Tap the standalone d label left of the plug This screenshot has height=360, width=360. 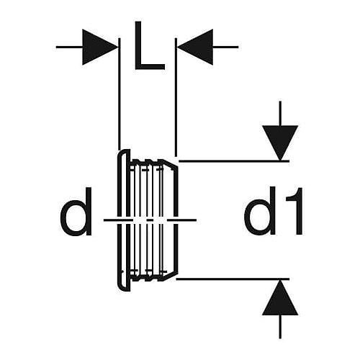click(x=76, y=212)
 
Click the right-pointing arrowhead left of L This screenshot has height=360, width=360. click(x=99, y=47)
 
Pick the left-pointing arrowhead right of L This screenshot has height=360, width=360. click(x=195, y=47)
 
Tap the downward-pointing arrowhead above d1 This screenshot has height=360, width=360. click(x=280, y=143)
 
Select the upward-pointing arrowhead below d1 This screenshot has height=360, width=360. click(x=280, y=297)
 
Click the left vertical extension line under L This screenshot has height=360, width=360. click(x=120, y=94)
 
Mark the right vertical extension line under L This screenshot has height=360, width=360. click(x=176, y=97)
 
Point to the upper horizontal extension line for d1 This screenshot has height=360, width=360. click(x=234, y=161)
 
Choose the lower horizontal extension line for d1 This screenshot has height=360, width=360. click(x=233, y=279)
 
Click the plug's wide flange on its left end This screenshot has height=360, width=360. click(x=124, y=220)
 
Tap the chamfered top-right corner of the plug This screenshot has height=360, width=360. click(x=171, y=163)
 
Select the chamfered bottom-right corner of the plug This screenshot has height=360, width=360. click(x=171, y=275)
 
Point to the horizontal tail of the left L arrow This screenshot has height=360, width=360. click(x=69, y=47)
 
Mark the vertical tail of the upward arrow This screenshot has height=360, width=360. click(x=280, y=327)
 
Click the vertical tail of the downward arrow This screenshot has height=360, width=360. click(x=280, y=113)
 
